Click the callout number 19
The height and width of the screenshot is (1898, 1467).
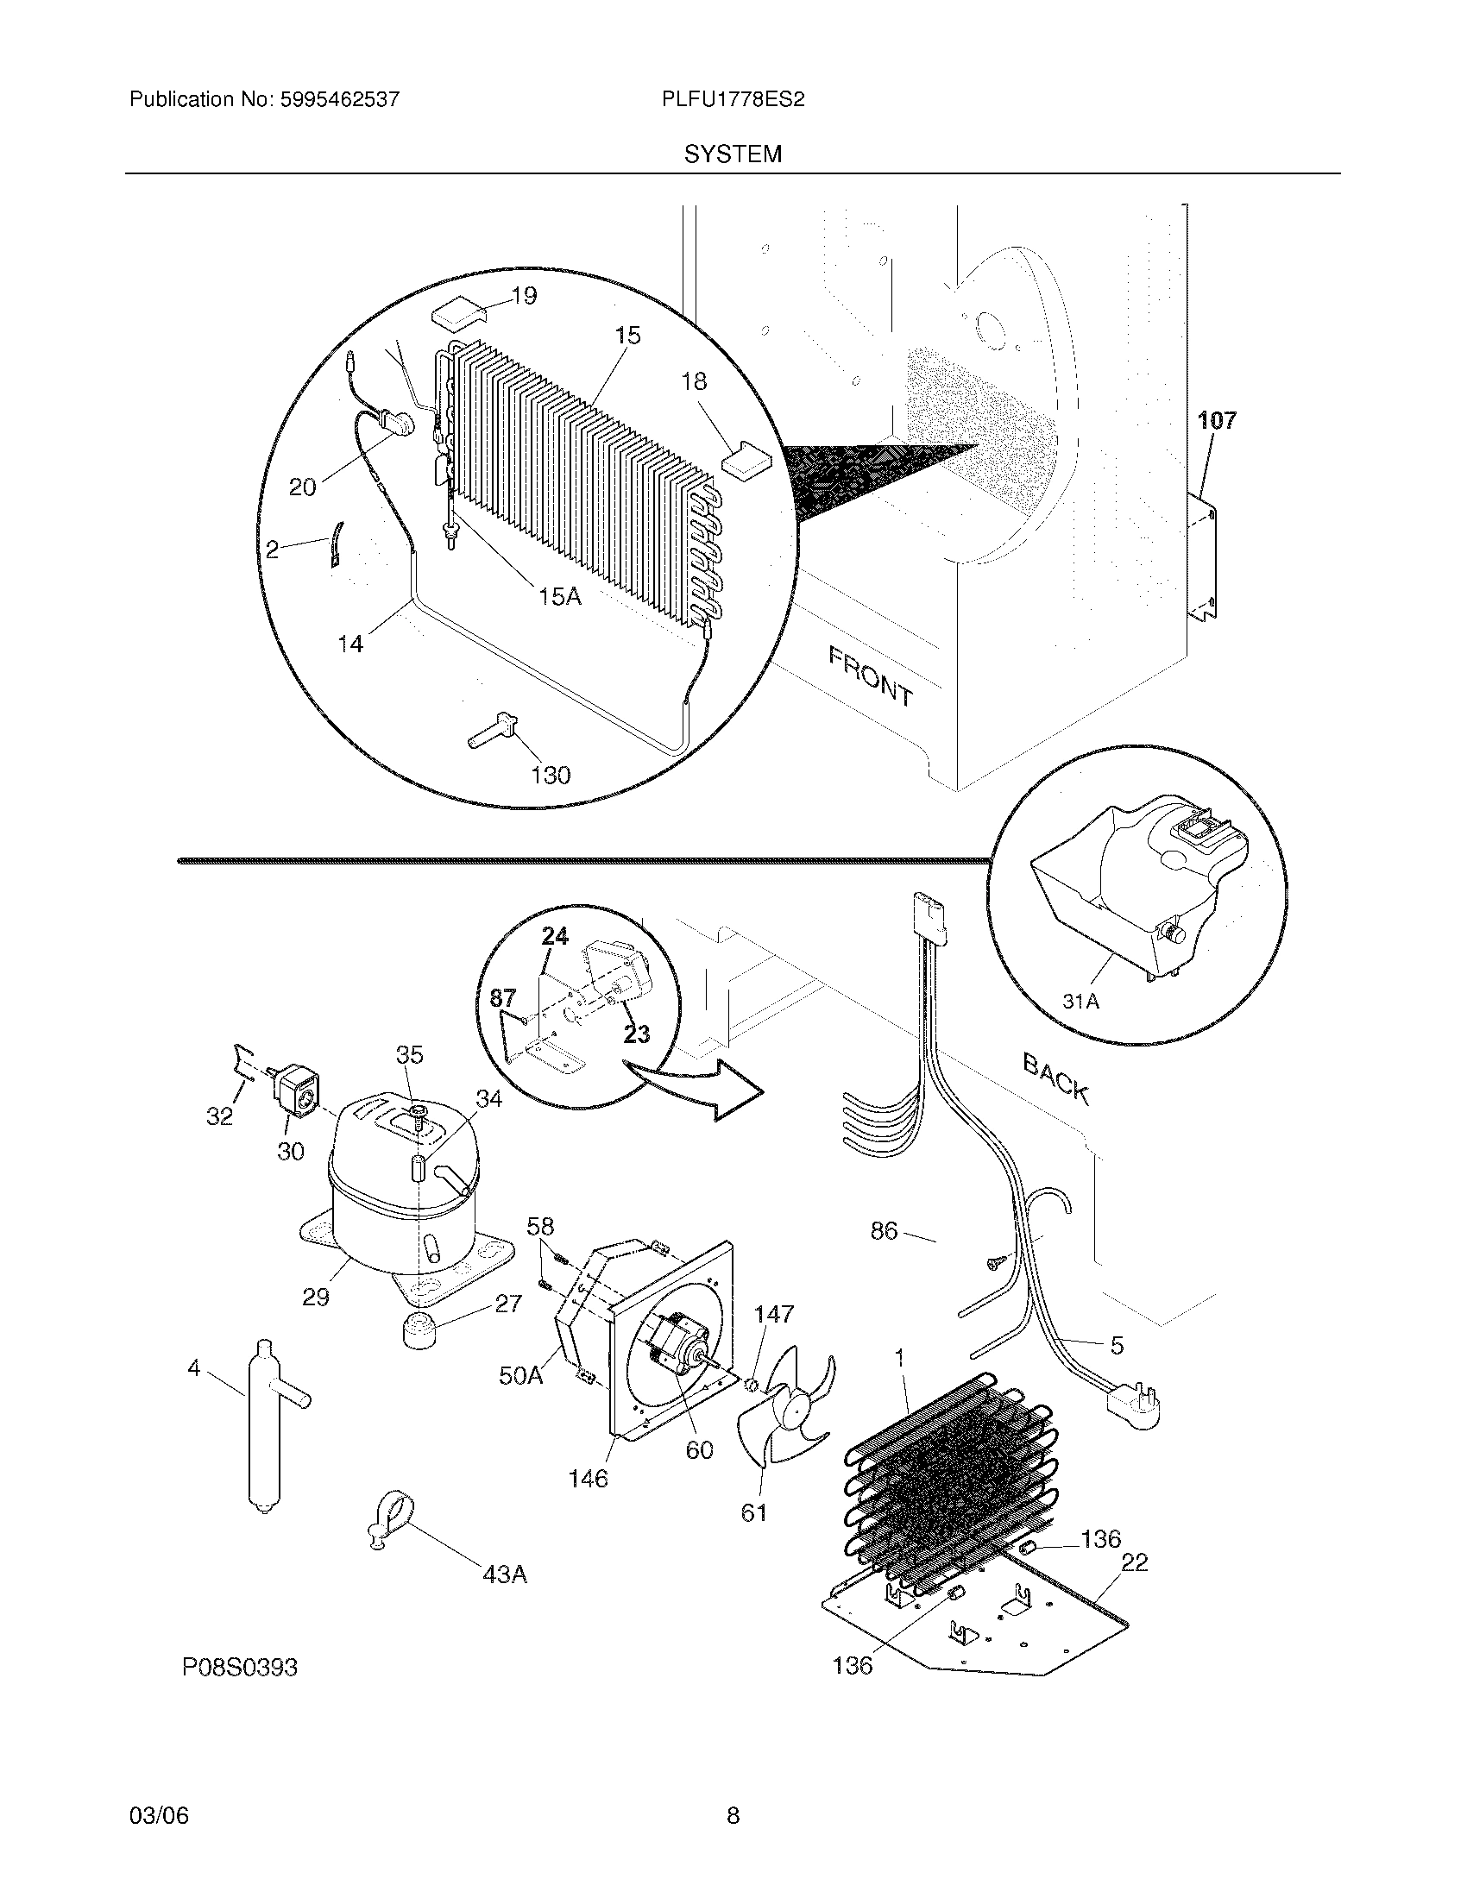(524, 295)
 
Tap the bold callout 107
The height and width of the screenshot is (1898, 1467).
(1217, 422)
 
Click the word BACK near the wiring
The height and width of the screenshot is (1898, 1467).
(1056, 1078)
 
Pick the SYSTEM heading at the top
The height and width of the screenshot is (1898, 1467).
(733, 154)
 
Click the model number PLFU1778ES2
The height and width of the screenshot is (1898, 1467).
(733, 100)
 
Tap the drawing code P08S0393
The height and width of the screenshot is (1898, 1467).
(240, 1668)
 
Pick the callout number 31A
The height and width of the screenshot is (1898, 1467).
(1081, 1002)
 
